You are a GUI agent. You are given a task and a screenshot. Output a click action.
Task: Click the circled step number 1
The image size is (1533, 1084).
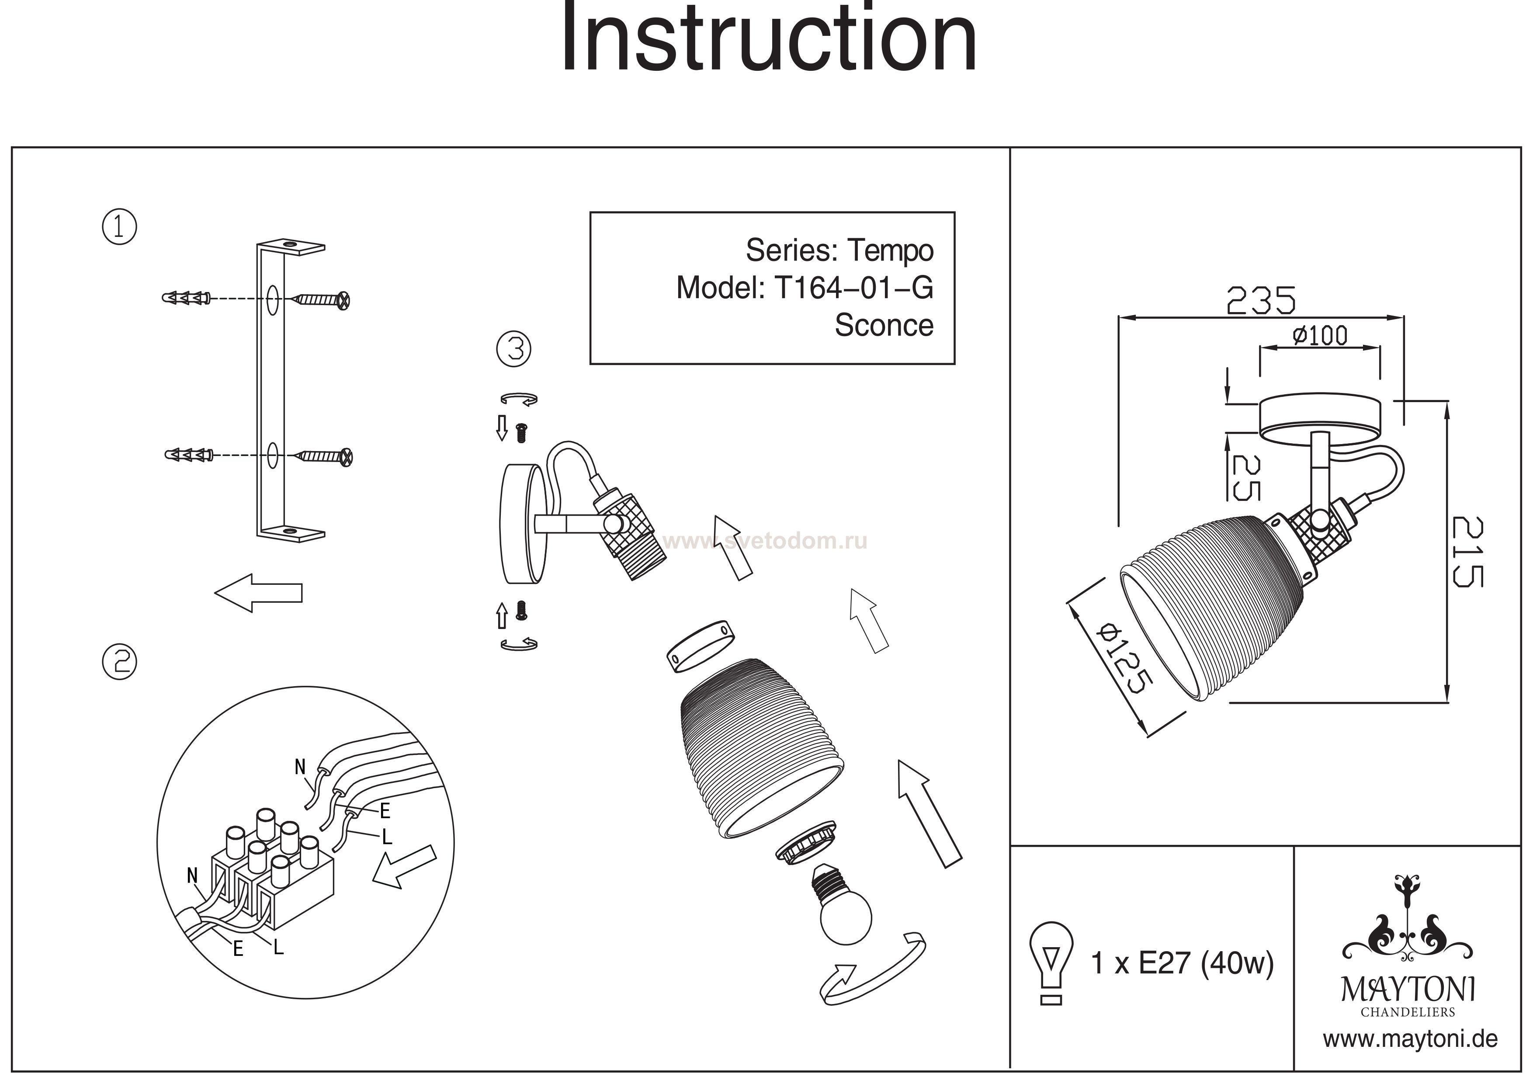pyautogui.click(x=119, y=227)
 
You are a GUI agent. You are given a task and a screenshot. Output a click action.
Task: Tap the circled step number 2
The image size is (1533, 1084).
pyautogui.click(x=119, y=662)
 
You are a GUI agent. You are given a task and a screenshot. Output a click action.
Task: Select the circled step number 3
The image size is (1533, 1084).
pyautogui.click(x=514, y=349)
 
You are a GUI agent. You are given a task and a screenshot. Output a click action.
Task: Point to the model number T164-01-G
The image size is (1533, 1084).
pyautogui.click(x=853, y=288)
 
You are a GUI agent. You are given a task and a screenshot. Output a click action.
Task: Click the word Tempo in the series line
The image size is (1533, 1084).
pyautogui.click(x=891, y=250)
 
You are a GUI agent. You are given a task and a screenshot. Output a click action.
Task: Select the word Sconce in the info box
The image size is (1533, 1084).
pyautogui.click(x=884, y=325)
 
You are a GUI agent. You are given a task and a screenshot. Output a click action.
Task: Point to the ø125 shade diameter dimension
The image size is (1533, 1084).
pyautogui.click(x=1127, y=658)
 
